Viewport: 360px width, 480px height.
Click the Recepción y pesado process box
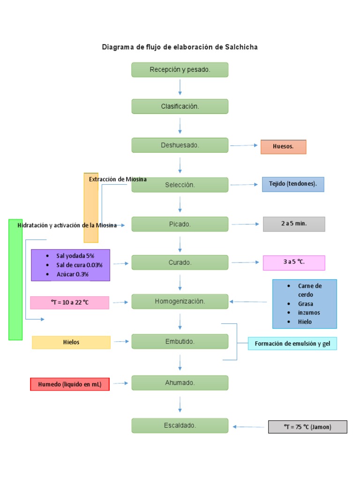tap(180, 70)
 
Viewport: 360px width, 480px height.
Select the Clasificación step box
tap(180, 106)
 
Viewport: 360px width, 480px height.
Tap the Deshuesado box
tap(180, 145)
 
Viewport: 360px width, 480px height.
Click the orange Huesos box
tap(283, 147)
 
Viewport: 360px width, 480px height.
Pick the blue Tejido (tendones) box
tap(293, 184)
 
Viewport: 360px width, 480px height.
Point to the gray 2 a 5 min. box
tap(294, 224)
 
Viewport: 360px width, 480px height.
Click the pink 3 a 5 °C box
tap(294, 262)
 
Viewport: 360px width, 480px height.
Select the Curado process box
tap(180, 262)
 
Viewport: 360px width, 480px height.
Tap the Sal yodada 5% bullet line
tap(75, 256)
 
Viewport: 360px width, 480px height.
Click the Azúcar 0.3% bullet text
tap(72, 274)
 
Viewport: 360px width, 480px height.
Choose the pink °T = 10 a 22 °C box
tap(69, 303)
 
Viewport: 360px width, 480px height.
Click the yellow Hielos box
tap(71, 342)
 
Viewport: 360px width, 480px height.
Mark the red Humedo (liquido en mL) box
tap(70, 384)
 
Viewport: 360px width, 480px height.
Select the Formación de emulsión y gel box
tap(292, 344)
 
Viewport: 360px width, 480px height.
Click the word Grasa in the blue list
tap(305, 304)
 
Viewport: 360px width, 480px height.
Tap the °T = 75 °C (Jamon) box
tap(307, 427)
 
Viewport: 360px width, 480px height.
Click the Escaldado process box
tap(180, 426)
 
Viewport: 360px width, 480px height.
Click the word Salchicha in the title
tap(241, 47)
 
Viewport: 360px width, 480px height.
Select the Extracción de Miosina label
tap(118, 179)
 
